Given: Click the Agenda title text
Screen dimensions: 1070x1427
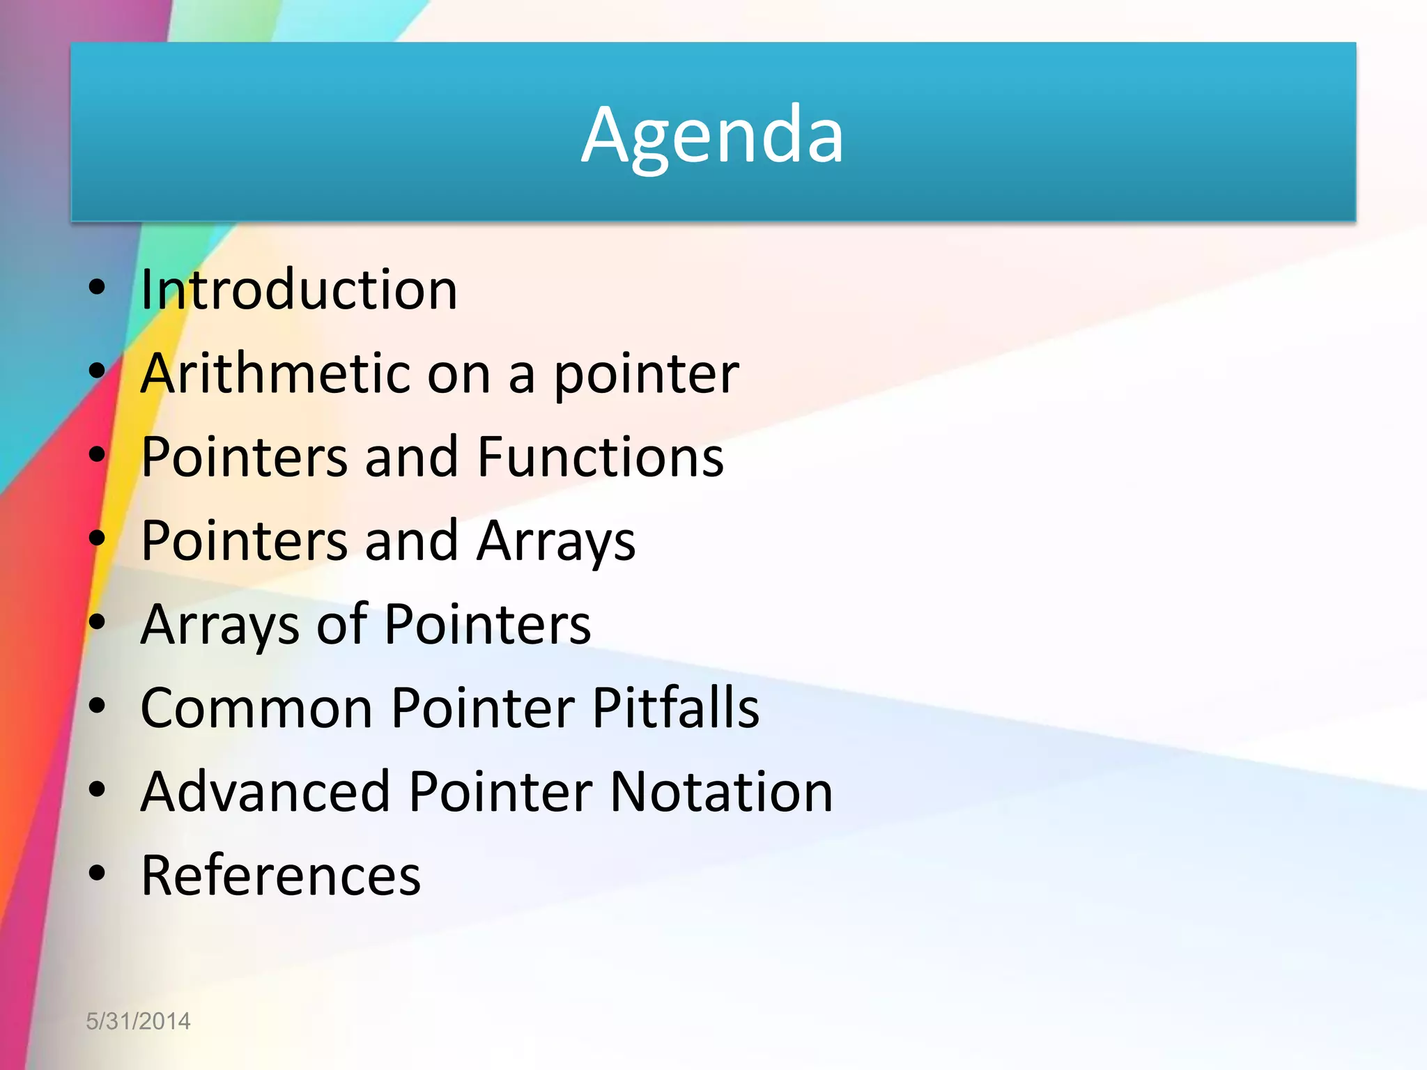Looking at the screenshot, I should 712,135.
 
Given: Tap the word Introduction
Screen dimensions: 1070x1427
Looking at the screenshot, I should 299,290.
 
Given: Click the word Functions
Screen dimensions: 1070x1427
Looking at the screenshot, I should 600,458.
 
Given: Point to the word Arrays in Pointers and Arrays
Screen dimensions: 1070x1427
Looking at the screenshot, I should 555,541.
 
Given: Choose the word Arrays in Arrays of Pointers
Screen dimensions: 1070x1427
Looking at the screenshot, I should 219,625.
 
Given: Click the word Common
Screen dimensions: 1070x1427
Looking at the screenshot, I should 256,708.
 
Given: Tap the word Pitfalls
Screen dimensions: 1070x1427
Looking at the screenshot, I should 675,708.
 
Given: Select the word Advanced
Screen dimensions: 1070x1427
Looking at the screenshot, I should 265,792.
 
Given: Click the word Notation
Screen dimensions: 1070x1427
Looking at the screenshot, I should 721,792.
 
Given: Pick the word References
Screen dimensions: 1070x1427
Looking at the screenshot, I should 281,876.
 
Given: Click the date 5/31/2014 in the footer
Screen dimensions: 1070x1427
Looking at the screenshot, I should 138,1021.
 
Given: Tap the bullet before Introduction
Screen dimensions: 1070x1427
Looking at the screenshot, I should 97,287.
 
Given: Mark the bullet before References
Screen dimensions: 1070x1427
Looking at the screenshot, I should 97,873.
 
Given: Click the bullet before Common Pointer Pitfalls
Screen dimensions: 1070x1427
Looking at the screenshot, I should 97,706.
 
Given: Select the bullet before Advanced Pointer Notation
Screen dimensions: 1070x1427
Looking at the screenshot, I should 97,789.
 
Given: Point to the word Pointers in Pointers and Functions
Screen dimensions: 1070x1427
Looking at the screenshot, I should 244,458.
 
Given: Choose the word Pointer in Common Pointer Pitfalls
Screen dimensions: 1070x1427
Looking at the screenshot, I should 483,708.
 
